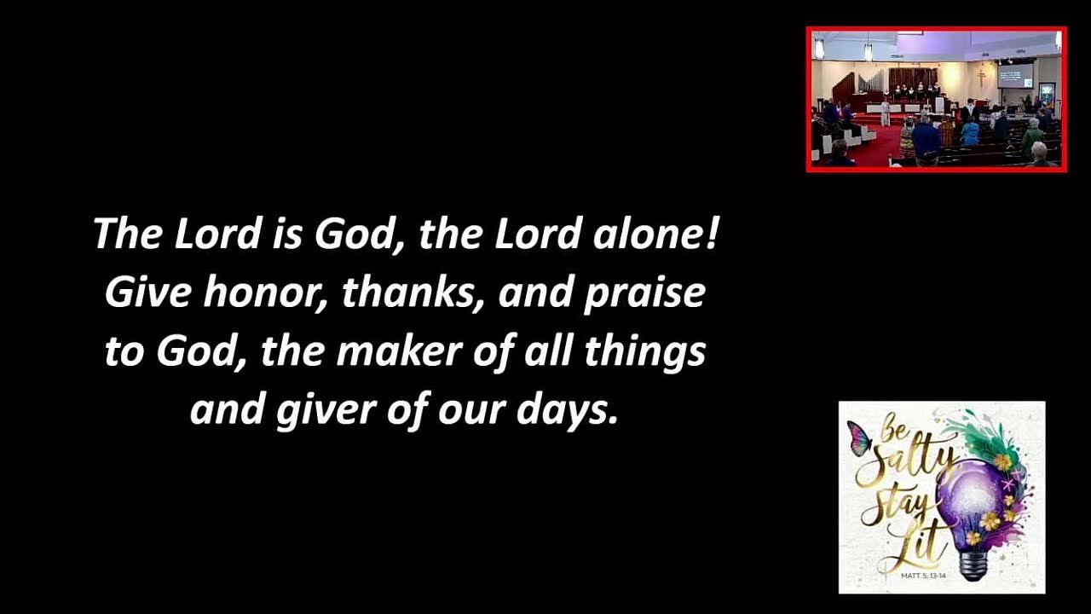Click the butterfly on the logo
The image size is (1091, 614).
(859, 438)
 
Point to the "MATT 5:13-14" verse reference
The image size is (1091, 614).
(922, 576)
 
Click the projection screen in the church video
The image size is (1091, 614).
(1015, 74)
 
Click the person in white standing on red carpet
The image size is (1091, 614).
(886, 112)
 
